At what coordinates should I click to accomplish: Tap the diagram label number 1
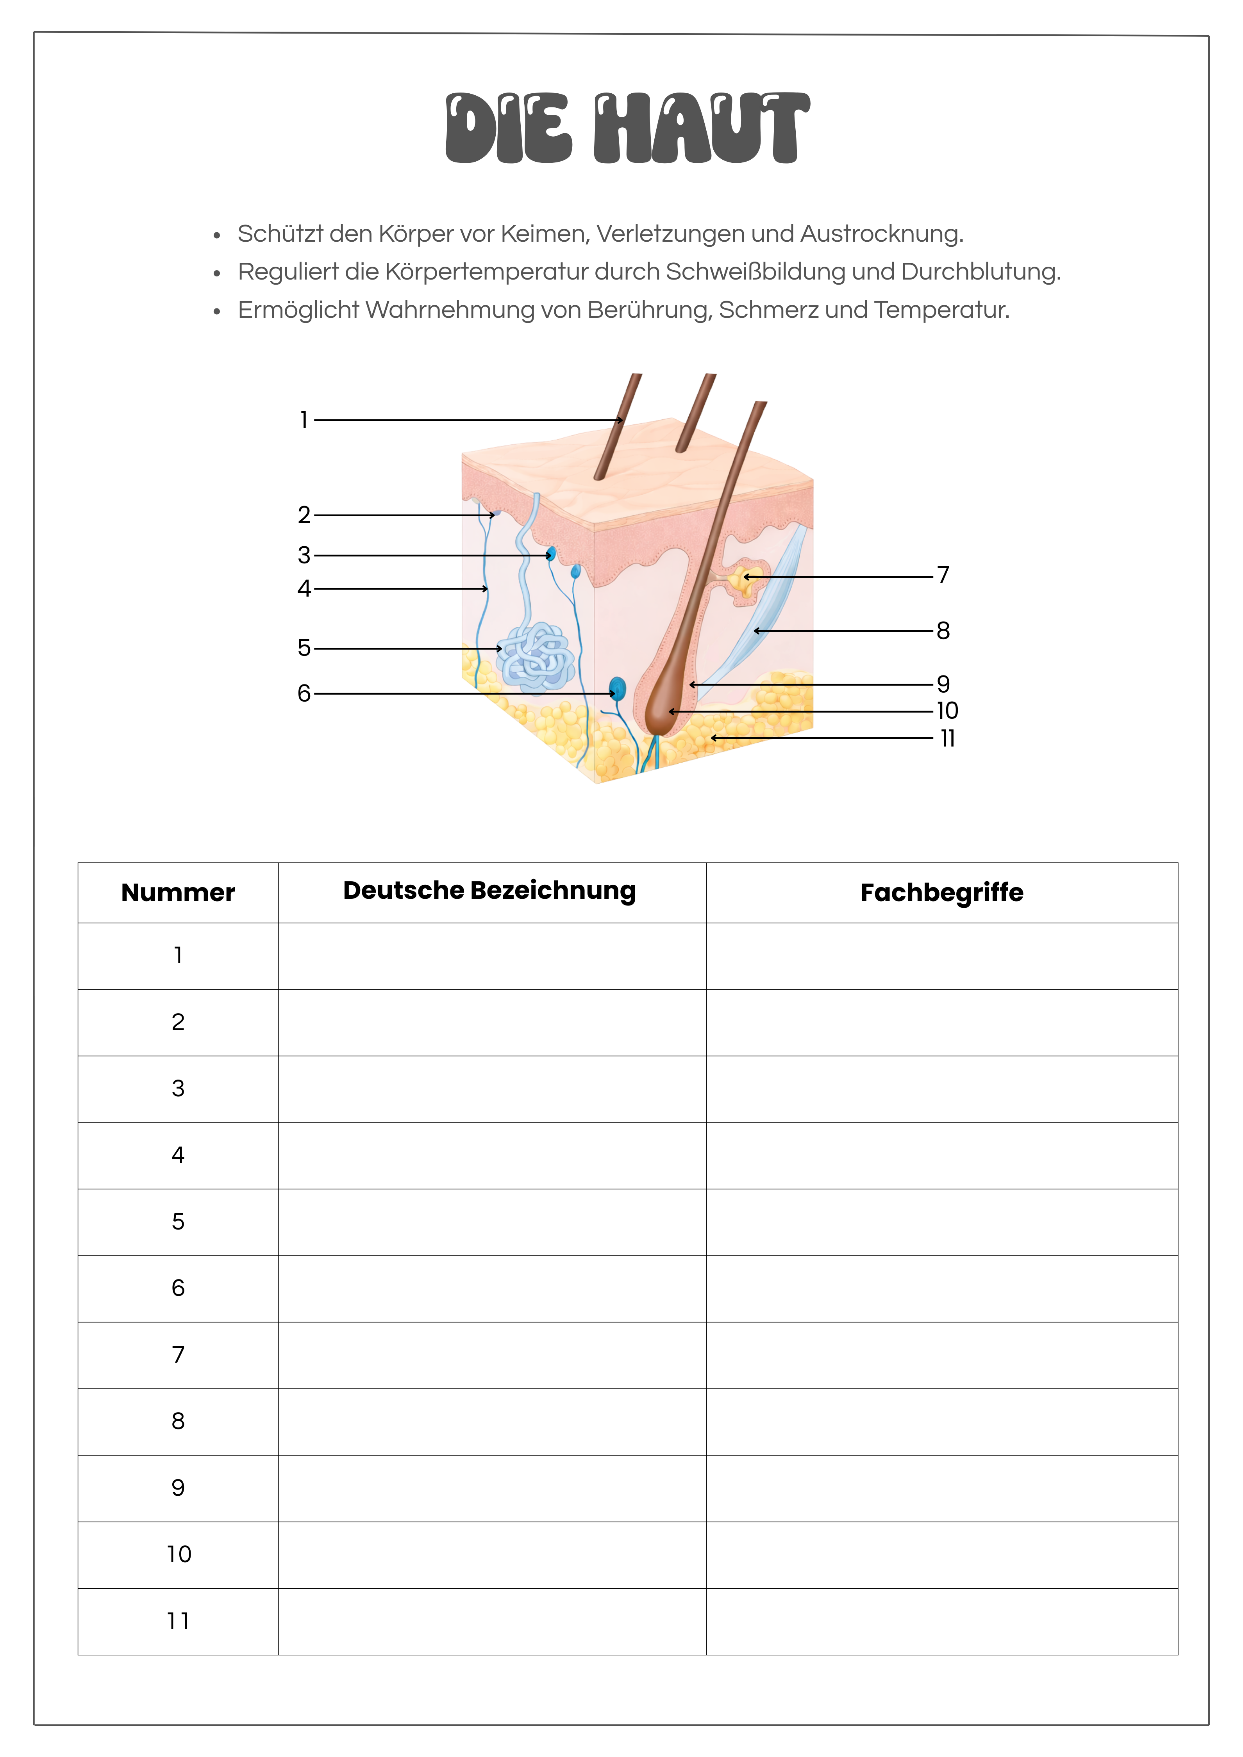(304, 420)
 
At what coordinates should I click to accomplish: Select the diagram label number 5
(304, 648)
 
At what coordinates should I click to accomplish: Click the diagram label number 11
(948, 738)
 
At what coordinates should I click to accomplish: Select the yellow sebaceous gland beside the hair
(745, 582)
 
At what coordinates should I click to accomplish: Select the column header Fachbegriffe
(941, 892)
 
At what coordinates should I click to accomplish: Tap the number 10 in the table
(179, 1554)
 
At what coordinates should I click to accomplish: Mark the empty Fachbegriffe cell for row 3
(941, 1089)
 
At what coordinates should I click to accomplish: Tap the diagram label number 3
(304, 555)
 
